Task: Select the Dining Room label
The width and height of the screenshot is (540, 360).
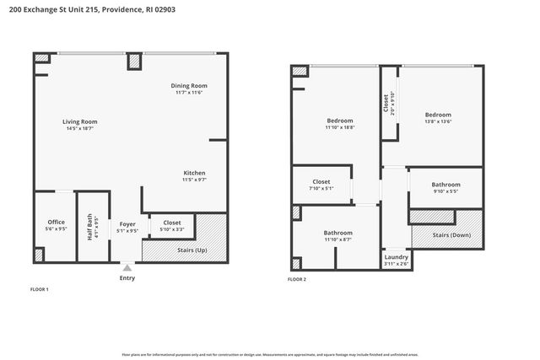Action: point(189,86)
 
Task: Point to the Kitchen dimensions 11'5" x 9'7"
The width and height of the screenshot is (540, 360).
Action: point(194,180)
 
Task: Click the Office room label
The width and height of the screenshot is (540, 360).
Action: point(56,222)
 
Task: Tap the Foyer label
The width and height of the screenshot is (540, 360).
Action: point(127,223)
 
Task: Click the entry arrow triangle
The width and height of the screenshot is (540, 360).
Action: point(127,267)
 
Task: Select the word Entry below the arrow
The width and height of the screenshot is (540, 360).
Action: point(127,277)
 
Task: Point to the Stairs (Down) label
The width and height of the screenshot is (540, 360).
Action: point(452,234)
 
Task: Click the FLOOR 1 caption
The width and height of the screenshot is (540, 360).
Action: point(40,289)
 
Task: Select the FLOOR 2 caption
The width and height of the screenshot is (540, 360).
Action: point(297,279)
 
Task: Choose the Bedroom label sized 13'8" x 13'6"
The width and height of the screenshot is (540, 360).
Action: point(438,115)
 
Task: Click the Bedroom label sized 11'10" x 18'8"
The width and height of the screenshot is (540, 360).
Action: point(339,121)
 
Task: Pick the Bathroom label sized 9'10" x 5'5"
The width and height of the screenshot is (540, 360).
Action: point(445,185)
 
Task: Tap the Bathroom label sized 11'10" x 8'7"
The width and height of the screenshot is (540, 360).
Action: point(338,233)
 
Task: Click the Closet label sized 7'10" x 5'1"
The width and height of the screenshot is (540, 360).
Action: point(321,181)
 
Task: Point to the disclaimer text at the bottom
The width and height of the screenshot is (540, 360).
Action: point(270,354)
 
